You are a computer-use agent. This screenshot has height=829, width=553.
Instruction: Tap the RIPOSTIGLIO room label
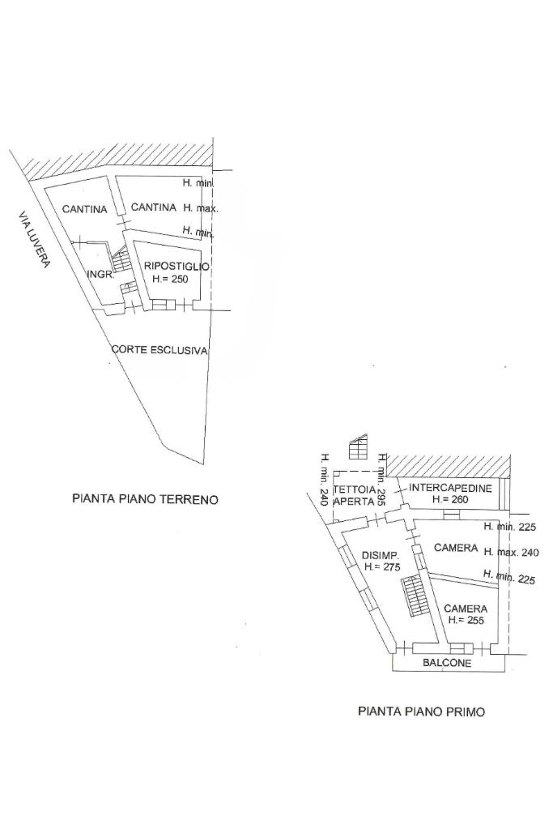coord(177,266)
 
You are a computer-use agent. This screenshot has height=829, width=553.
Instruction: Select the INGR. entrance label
coord(99,275)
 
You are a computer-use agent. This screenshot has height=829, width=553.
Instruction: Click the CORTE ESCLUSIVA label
coord(160,351)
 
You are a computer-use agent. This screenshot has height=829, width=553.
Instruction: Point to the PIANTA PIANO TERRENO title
coord(145,499)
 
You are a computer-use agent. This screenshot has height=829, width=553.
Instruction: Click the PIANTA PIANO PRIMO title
coord(422,711)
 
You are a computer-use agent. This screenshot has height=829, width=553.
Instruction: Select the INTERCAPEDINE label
coord(450,488)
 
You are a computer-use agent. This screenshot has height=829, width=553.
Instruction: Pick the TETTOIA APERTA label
coord(355,496)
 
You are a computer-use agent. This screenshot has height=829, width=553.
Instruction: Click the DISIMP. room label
coord(380,555)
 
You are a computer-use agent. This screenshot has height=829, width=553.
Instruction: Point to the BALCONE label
coord(447,663)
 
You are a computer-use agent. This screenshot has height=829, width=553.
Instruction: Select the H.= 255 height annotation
coord(466,620)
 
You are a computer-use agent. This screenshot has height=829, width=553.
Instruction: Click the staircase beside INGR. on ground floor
coord(121,261)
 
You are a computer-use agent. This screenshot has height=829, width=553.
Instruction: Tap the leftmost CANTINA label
coord(84,209)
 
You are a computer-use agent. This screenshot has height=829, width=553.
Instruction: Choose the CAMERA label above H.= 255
coord(465,609)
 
